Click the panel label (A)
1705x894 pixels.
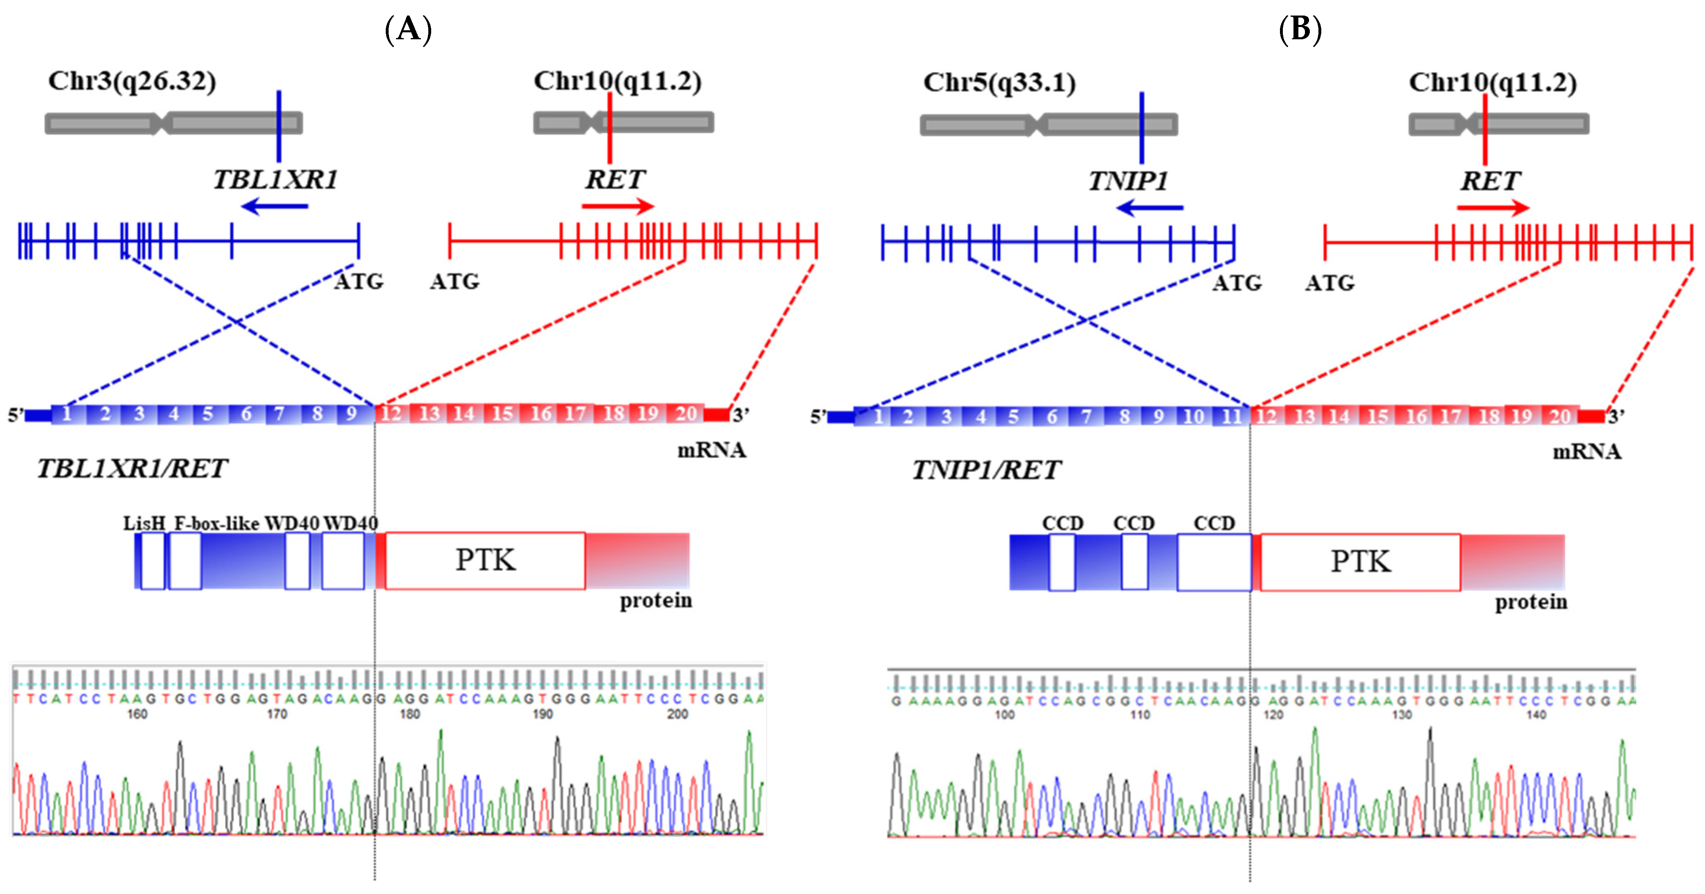click(x=408, y=30)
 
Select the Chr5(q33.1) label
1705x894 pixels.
click(x=999, y=83)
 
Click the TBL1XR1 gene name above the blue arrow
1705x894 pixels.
click(x=275, y=180)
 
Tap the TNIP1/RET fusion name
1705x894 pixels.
click(x=986, y=470)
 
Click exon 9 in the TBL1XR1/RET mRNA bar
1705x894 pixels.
click(x=351, y=414)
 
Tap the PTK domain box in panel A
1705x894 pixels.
click(x=485, y=560)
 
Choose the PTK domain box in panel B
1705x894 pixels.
click(x=1360, y=562)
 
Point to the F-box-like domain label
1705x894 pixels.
click(x=216, y=523)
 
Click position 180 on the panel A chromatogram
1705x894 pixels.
click(x=410, y=714)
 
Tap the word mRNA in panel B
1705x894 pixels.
click(x=1586, y=452)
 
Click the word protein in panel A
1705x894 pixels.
click(x=655, y=601)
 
